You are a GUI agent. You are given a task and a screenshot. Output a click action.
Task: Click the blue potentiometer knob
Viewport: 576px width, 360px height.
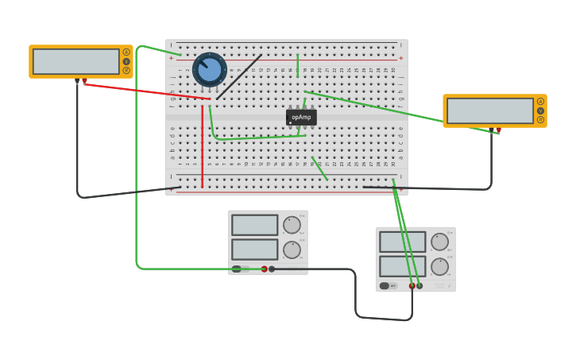pos(210,70)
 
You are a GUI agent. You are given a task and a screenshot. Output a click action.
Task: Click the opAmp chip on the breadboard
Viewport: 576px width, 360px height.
pos(301,118)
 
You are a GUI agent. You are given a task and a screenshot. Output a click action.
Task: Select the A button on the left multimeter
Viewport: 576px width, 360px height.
pos(126,52)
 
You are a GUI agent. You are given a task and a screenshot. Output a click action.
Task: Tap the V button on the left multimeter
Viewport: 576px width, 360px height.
pos(126,61)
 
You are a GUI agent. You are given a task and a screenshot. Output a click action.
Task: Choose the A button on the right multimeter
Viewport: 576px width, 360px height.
pos(540,102)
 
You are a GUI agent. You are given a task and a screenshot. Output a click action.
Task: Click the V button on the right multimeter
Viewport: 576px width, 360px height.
pos(540,110)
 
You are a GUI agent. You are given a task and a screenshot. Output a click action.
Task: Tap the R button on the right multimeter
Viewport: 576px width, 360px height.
pos(540,120)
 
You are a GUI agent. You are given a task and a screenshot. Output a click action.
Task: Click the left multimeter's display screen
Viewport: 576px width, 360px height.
pos(76,61)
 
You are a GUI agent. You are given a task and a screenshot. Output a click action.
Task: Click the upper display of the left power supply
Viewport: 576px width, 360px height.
pos(255,225)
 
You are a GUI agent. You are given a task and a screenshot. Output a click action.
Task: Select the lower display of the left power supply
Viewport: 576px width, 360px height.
pos(255,250)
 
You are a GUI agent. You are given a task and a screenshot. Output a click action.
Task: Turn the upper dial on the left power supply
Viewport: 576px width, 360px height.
pos(292,225)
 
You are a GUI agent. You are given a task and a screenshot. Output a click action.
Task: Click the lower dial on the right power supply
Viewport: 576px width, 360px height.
pos(439,266)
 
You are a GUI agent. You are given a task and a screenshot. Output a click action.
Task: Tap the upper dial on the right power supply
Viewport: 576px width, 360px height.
pos(439,242)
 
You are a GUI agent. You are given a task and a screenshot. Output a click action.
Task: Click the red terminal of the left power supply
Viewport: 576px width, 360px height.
pos(265,269)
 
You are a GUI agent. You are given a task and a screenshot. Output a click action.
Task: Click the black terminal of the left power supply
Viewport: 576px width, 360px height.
pos(272,269)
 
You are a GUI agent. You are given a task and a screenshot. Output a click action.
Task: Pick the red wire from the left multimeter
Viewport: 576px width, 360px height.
pos(143,91)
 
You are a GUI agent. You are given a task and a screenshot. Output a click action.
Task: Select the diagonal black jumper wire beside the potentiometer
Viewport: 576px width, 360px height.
pos(239,77)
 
